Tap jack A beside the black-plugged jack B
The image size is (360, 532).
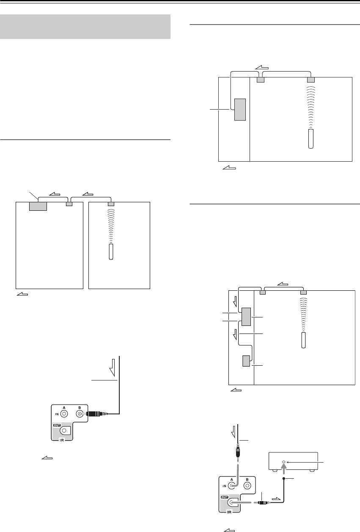pos(64,414)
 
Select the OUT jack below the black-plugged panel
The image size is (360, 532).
pos(64,430)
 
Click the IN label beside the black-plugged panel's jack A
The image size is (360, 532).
pos(57,414)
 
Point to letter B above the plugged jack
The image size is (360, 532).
pos(80,408)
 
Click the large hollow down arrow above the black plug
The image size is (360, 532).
pos(113,368)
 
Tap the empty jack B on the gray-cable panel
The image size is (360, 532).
pos(247,486)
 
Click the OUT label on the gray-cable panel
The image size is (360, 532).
pos(225,497)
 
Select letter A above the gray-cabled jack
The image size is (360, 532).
pos(232,480)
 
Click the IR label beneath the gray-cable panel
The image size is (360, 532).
pos(229,512)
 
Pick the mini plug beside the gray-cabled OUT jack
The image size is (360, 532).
pos(262,502)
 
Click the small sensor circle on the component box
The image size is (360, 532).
pos(283,462)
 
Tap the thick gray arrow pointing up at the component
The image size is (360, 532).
pos(283,469)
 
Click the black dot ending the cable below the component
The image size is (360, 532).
pos(283,478)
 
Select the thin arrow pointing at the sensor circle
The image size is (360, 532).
pos(305,462)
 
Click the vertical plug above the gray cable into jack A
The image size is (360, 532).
pos(238,452)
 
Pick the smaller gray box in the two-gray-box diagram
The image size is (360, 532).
pos(246,361)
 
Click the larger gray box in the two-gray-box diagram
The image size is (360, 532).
pos(246,317)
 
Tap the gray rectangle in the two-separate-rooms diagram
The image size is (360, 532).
pos(38,207)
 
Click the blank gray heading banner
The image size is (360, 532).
pos(85,27)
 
